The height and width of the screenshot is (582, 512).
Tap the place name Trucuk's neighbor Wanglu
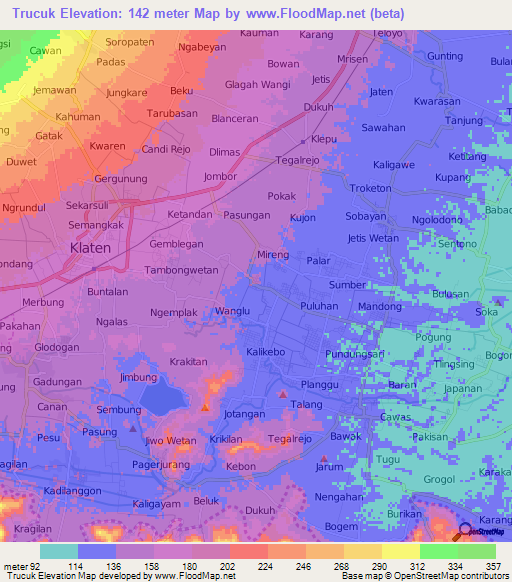[232, 312]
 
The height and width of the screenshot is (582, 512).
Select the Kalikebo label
[267, 352]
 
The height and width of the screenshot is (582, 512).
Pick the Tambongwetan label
[180, 270]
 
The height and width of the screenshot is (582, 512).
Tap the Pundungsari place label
[355, 354]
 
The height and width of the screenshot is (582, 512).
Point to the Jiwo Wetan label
[170, 440]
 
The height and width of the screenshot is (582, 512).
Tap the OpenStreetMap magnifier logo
[464, 531]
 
